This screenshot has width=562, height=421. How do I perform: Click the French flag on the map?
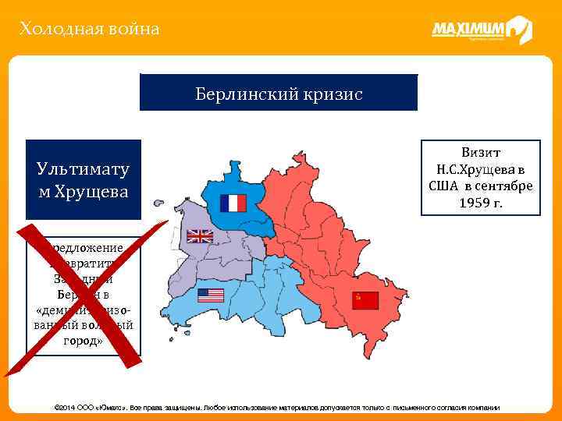coord(233,203)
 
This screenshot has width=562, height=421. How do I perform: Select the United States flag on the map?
coord(210,295)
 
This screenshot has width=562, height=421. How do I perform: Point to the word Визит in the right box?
coord(481,153)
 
